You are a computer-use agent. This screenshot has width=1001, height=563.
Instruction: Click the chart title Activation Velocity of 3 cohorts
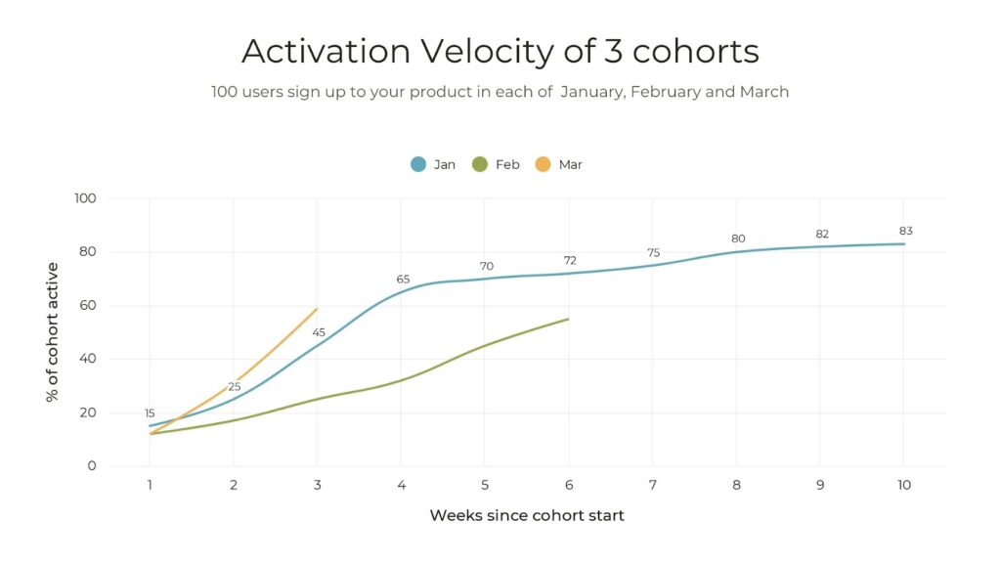[x=500, y=51]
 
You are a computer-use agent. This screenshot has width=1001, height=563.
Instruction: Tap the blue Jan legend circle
[x=418, y=164]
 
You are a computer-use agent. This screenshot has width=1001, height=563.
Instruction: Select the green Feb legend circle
[x=480, y=164]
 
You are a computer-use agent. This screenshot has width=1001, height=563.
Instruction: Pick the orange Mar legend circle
[x=544, y=164]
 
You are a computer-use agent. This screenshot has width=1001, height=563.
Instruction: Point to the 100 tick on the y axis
[x=85, y=198]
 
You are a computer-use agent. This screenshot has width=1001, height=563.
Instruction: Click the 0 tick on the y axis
[x=92, y=466]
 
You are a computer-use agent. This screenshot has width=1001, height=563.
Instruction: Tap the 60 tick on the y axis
[x=88, y=306]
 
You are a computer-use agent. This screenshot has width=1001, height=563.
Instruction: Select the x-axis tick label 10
[x=903, y=486]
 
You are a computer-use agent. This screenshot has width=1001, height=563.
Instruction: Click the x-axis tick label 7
[x=652, y=486]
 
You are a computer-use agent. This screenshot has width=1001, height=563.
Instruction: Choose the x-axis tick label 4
[x=401, y=486]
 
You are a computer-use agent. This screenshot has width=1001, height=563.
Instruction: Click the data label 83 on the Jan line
[x=905, y=232]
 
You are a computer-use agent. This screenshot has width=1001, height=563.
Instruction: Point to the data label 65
[x=403, y=280]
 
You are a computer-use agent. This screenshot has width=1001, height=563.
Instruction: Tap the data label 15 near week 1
[x=150, y=413]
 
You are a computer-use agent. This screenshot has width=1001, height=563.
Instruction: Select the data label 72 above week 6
[x=570, y=261]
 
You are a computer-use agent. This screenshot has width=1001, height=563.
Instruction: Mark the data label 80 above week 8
[x=738, y=239]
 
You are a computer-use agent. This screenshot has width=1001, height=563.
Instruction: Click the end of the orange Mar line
[x=317, y=309]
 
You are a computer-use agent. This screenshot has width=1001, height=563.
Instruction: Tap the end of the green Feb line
[x=568, y=319]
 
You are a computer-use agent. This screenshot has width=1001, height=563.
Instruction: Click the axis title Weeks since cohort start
[x=526, y=515]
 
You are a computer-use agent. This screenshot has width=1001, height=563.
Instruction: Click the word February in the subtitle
[x=665, y=92]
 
